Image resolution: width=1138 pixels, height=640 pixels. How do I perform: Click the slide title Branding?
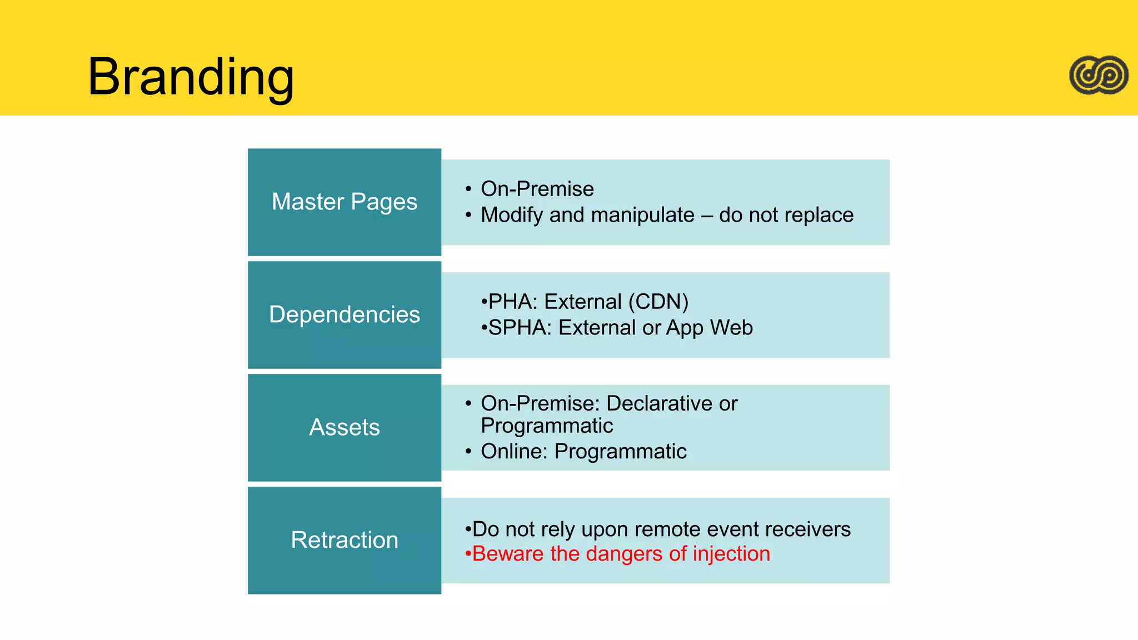pyautogui.click(x=191, y=77)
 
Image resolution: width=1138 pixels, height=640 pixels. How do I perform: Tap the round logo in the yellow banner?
pyautogui.click(x=1099, y=75)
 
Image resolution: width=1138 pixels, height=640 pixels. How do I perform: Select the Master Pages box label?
pyautogui.click(x=345, y=202)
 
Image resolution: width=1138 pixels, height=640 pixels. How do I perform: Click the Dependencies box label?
pyautogui.click(x=345, y=314)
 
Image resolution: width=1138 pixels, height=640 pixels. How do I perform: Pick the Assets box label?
pyautogui.click(x=345, y=427)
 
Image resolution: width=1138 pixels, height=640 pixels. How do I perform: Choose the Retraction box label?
pyautogui.click(x=345, y=540)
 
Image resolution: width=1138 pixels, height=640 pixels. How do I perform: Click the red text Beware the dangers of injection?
pyautogui.click(x=621, y=554)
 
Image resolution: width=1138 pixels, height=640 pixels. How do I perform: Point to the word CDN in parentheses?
pyautogui.click(x=658, y=302)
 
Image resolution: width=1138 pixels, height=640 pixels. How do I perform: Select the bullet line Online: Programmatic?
pyautogui.click(x=583, y=451)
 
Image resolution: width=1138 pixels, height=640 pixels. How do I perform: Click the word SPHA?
pyautogui.click(x=519, y=328)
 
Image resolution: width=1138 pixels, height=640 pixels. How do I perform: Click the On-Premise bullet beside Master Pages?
pyautogui.click(x=537, y=189)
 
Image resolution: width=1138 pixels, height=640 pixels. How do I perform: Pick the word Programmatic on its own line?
pyautogui.click(x=547, y=426)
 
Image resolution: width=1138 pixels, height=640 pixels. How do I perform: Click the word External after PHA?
pyautogui.click(x=583, y=302)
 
